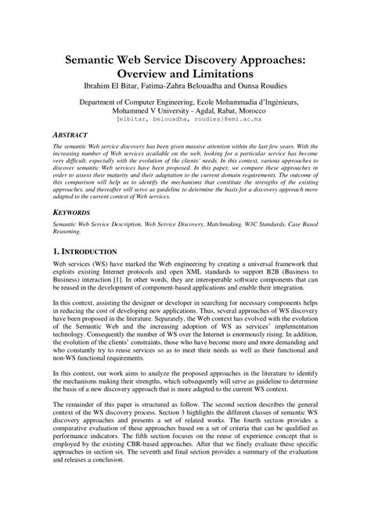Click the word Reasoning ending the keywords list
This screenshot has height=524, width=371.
[67, 231]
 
